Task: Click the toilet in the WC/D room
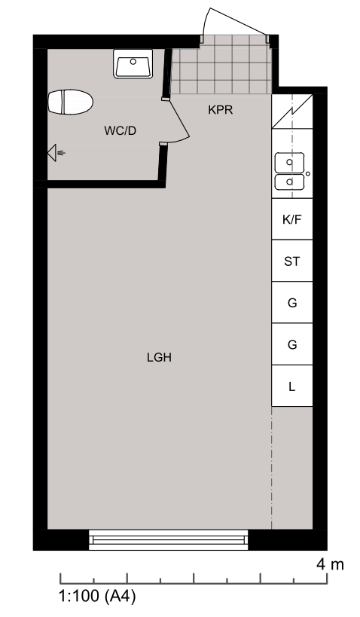(71, 102)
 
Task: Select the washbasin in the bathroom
(133, 64)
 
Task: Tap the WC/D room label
(121, 130)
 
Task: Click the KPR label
(221, 110)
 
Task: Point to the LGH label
(160, 358)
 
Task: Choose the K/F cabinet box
(292, 219)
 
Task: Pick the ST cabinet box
(292, 261)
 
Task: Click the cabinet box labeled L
(292, 386)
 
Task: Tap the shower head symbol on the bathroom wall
(56, 153)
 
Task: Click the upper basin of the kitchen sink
(289, 163)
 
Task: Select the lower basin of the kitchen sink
(289, 182)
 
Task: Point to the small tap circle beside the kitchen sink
(308, 173)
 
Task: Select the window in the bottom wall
(169, 539)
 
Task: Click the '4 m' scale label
(330, 565)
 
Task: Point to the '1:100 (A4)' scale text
(98, 596)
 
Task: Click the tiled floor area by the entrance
(222, 65)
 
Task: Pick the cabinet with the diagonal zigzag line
(292, 111)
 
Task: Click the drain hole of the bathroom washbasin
(133, 61)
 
